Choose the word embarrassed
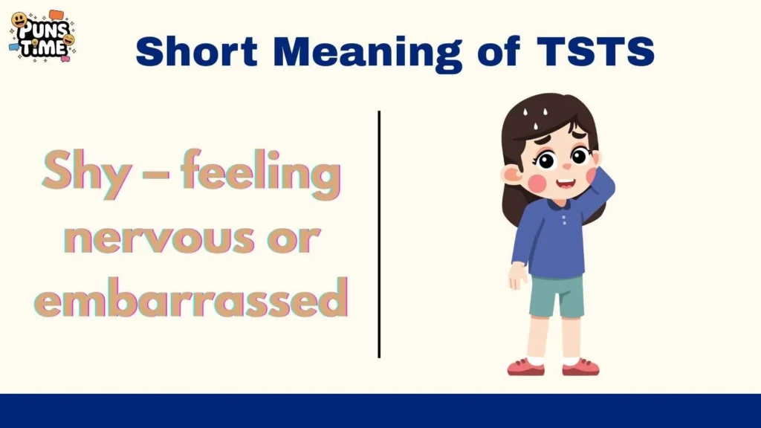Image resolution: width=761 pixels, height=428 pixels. pos(192,298)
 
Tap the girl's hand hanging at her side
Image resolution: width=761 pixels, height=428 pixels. pos(517,276)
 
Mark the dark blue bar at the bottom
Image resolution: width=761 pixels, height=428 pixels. pos(380,411)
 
